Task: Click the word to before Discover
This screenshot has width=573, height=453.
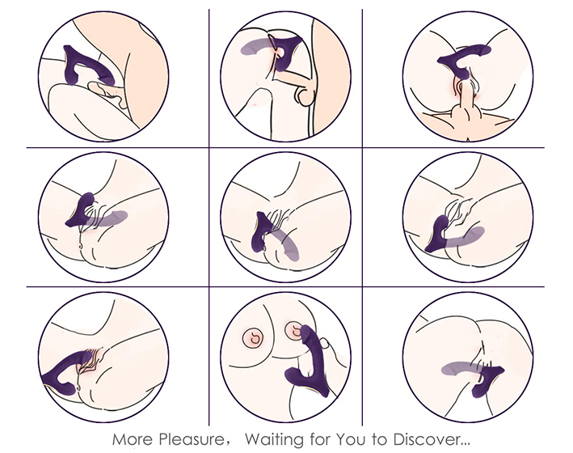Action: tap(379, 439)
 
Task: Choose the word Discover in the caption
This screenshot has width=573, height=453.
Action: tap(425, 439)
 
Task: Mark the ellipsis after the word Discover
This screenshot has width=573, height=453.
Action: tap(465, 444)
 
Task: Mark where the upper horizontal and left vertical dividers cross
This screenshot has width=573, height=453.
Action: tap(209, 148)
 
